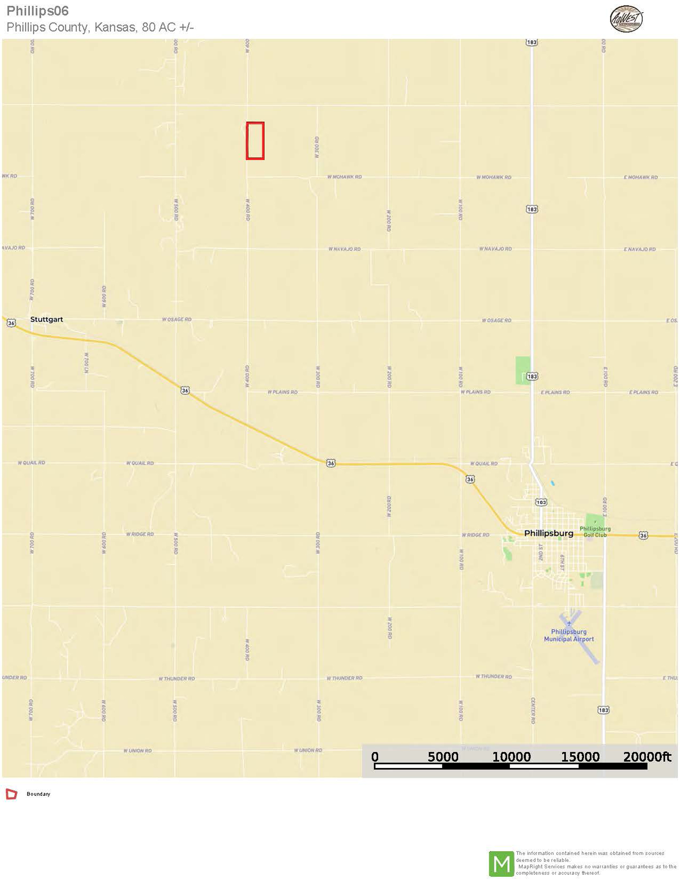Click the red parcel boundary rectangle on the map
click(255, 141)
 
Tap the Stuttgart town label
click(46, 319)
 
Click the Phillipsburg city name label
click(549, 533)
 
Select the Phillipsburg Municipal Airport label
click(569, 635)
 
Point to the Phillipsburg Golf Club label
click(595, 532)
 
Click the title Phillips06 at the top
click(38, 11)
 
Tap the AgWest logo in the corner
click(626, 19)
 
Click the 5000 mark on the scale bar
click(443, 757)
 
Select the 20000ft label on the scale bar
click(647, 757)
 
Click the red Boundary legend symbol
click(11, 794)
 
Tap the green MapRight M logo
click(501, 864)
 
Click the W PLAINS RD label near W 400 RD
click(282, 392)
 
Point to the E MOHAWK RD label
click(641, 177)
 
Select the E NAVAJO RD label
click(639, 249)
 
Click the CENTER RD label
click(533, 710)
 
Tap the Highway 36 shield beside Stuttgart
click(11, 323)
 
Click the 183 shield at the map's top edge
click(531, 42)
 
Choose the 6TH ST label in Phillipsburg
click(562, 562)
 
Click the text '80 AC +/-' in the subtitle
click(168, 27)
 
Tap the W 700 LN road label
click(86, 363)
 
